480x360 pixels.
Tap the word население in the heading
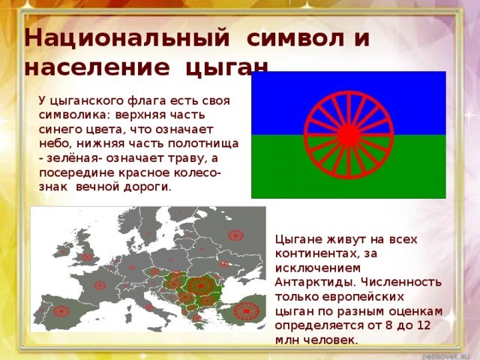(95, 69)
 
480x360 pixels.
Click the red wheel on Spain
(59, 309)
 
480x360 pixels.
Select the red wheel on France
(97, 284)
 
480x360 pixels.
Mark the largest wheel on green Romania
(201, 285)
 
